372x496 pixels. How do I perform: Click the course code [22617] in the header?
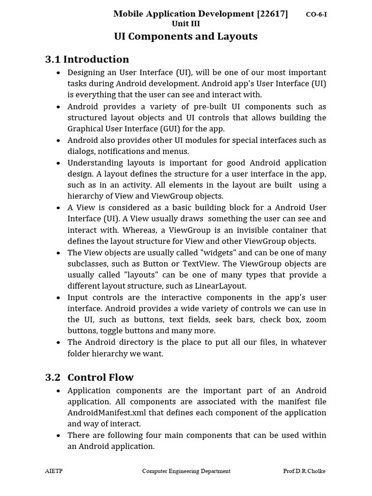pos(273,14)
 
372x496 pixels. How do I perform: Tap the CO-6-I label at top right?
pos(316,15)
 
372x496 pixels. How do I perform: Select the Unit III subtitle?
pos(186,24)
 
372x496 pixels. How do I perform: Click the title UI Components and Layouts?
pos(186,36)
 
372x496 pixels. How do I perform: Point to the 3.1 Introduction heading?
pos(87,59)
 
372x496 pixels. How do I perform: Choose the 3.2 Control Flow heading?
pos(89,377)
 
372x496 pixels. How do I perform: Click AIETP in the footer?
pos(54,471)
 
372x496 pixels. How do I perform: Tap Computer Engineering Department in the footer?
pos(186,471)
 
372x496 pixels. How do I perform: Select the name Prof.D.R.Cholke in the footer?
pos(305,471)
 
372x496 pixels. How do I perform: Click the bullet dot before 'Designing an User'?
pos(58,73)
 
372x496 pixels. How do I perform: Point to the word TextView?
pos(201,263)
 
